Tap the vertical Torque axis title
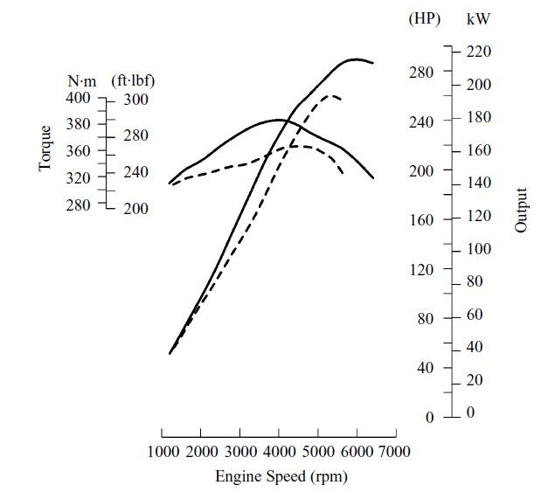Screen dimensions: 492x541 [x=45, y=148]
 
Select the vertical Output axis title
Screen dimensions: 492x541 [x=522, y=210]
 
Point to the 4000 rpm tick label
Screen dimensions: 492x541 [x=278, y=451]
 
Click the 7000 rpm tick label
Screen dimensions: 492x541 [x=394, y=451]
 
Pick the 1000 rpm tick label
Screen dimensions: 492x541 [x=162, y=451]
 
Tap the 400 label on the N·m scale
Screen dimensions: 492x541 [x=79, y=98]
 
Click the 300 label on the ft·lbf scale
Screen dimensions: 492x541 [x=135, y=100]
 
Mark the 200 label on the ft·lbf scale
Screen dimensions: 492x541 [x=135, y=209]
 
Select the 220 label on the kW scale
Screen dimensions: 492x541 [x=479, y=52]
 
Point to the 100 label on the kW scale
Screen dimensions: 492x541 [x=479, y=249]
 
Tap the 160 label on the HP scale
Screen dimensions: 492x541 [x=422, y=219]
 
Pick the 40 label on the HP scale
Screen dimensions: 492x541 [x=425, y=368]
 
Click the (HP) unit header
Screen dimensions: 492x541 [x=425, y=18]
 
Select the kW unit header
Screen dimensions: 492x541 [x=478, y=18]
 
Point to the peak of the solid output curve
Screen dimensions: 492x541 [x=356, y=59]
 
